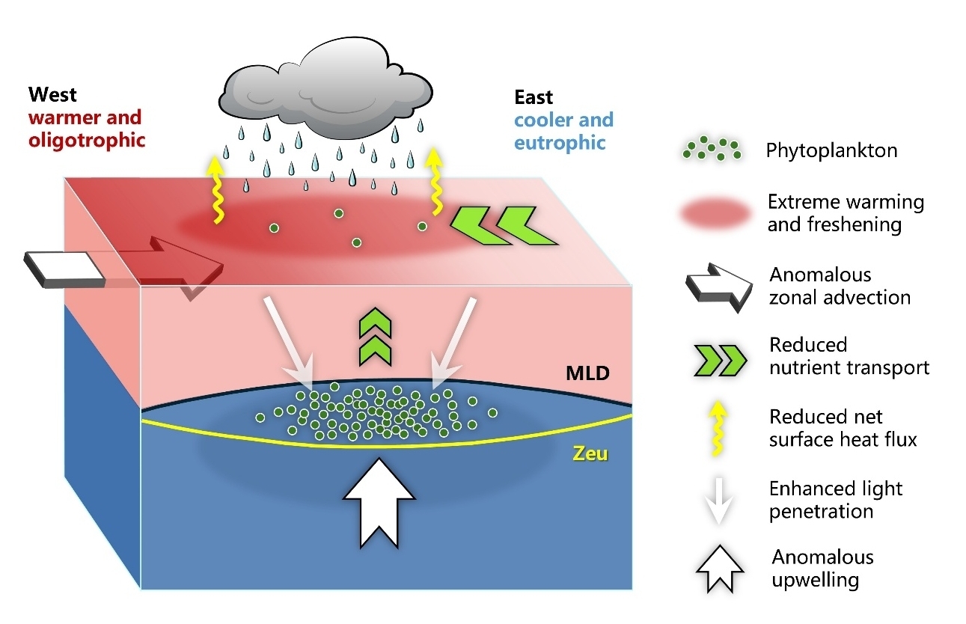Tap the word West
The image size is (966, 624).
tap(52, 94)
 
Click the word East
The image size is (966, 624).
tap(534, 97)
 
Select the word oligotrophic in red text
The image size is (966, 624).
tap(87, 140)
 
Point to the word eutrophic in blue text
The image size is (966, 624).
tap(560, 143)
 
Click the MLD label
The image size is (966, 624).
tap(587, 373)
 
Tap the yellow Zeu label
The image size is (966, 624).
tap(590, 453)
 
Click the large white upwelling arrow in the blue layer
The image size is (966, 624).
tap(379, 503)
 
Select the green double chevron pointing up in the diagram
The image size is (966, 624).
tap(375, 337)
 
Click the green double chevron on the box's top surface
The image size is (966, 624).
tap(504, 225)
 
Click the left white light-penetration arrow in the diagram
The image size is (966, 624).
tap(289, 340)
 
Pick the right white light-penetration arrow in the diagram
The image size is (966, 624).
tap(453, 340)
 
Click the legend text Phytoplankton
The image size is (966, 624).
tap(831, 150)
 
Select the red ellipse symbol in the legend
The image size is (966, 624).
tap(716, 212)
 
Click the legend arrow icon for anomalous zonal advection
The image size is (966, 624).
tap(719, 287)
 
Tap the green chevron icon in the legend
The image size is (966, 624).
tap(720, 360)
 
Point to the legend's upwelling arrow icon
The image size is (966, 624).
tap(720, 569)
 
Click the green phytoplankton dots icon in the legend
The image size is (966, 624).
tap(712, 148)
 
